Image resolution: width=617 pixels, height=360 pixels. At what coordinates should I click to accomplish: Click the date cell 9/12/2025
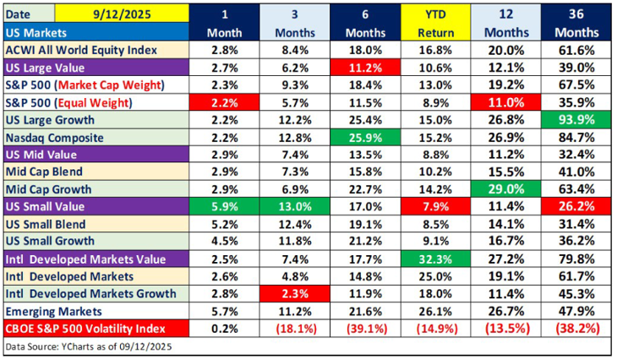pos(117,14)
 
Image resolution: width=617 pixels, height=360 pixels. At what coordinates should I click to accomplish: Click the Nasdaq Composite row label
pos(56,137)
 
